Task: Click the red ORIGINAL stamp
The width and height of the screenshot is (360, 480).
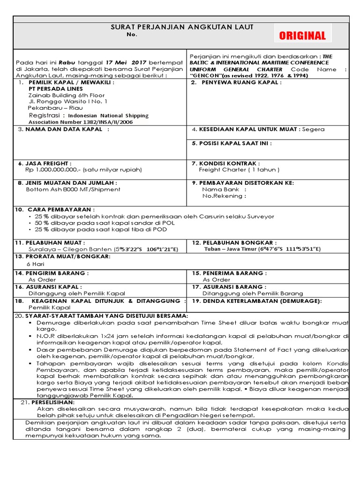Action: point(302,36)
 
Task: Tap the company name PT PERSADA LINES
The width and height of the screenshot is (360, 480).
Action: point(55,89)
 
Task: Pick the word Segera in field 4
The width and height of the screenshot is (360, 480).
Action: point(314,129)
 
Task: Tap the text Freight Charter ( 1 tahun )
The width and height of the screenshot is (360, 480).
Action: point(239,170)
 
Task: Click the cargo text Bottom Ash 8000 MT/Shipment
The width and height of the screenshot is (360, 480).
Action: point(73,189)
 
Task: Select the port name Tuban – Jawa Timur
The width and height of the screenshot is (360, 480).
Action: point(230,249)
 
